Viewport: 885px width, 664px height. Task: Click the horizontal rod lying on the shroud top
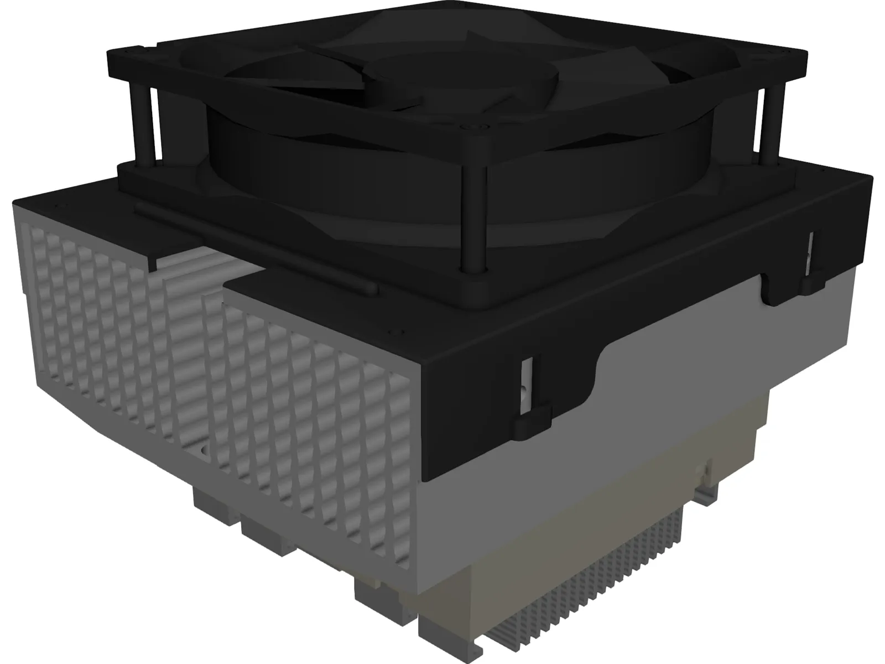pos(254,247)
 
